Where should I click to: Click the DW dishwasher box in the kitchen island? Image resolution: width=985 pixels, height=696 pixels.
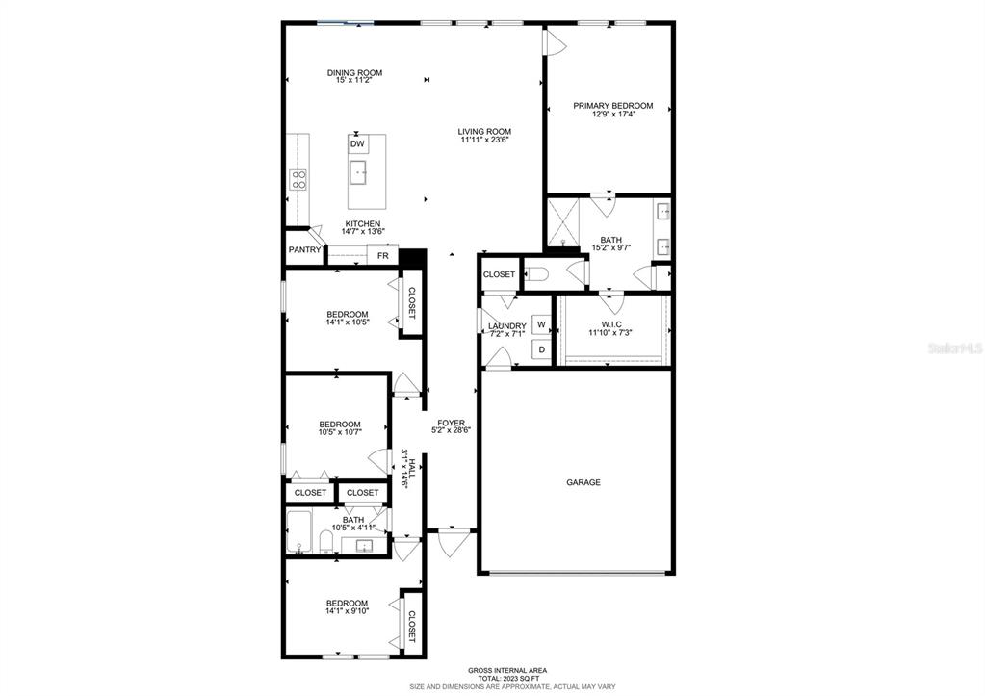coord(357,143)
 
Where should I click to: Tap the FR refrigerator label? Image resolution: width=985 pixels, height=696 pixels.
coord(382,256)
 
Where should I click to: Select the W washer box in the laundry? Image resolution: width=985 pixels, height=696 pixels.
coord(541,324)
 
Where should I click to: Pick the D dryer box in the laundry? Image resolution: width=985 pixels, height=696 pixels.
coord(541,349)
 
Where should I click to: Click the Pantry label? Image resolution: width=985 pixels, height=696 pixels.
coord(304,249)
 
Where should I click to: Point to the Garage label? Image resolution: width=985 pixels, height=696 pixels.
coord(583,482)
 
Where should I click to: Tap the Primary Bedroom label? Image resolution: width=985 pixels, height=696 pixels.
coord(613,106)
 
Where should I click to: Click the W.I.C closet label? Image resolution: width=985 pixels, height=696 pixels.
coord(610,324)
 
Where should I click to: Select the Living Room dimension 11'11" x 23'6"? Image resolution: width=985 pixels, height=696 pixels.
coord(484,141)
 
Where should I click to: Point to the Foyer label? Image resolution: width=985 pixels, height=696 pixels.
coord(451,423)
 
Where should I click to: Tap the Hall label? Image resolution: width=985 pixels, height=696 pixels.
coord(412,469)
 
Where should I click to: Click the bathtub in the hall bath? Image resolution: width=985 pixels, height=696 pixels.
coord(299,532)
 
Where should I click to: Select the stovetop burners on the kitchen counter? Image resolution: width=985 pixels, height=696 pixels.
coord(298,180)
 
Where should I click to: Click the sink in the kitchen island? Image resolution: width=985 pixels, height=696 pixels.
coord(359,172)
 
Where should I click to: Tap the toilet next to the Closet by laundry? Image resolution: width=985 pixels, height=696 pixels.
coord(537,274)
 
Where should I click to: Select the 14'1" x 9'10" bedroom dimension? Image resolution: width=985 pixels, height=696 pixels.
coord(347,610)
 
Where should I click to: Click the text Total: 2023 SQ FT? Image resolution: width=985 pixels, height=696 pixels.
coord(507,679)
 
